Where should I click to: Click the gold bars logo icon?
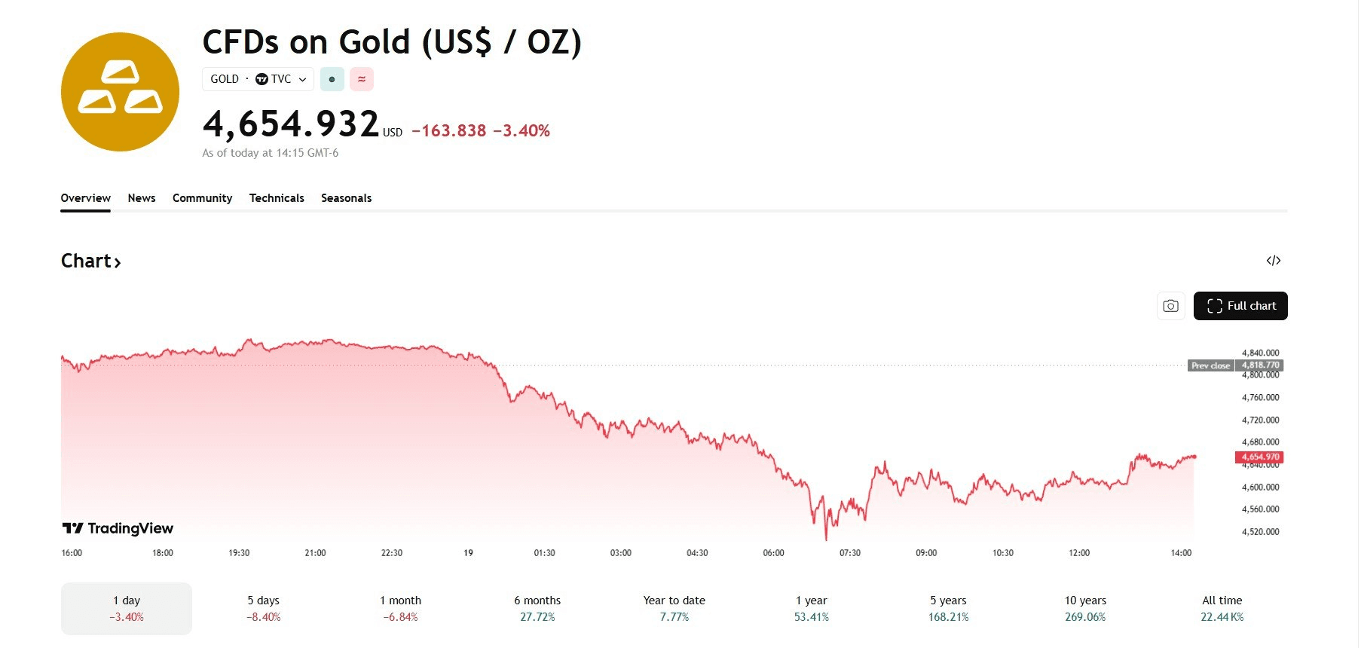coord(120,92)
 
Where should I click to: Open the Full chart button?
coord(1240,306)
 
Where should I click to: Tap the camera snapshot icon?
coord(1170,306)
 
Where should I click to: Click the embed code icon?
coord(1273,261)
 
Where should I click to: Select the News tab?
coord(142,198)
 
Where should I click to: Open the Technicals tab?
coord(277,198)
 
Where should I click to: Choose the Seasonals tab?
coord(346,198)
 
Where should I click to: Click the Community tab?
coord(202,198)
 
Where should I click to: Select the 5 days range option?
coord(263,608)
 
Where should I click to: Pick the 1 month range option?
coord(400,608)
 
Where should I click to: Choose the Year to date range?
coord(674,608)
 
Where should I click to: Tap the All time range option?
coord(1222,608)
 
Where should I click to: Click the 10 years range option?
coord(1085,608)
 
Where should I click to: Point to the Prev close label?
coord(1210,365)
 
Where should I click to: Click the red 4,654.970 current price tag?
coord(1260,457)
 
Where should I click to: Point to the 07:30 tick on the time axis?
coord(849,553)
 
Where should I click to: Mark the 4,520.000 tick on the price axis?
coord(1260,532)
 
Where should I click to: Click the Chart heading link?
coord(90,261)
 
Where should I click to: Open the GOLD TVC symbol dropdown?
coord(258,79)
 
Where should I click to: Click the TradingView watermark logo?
coord(118,528)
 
